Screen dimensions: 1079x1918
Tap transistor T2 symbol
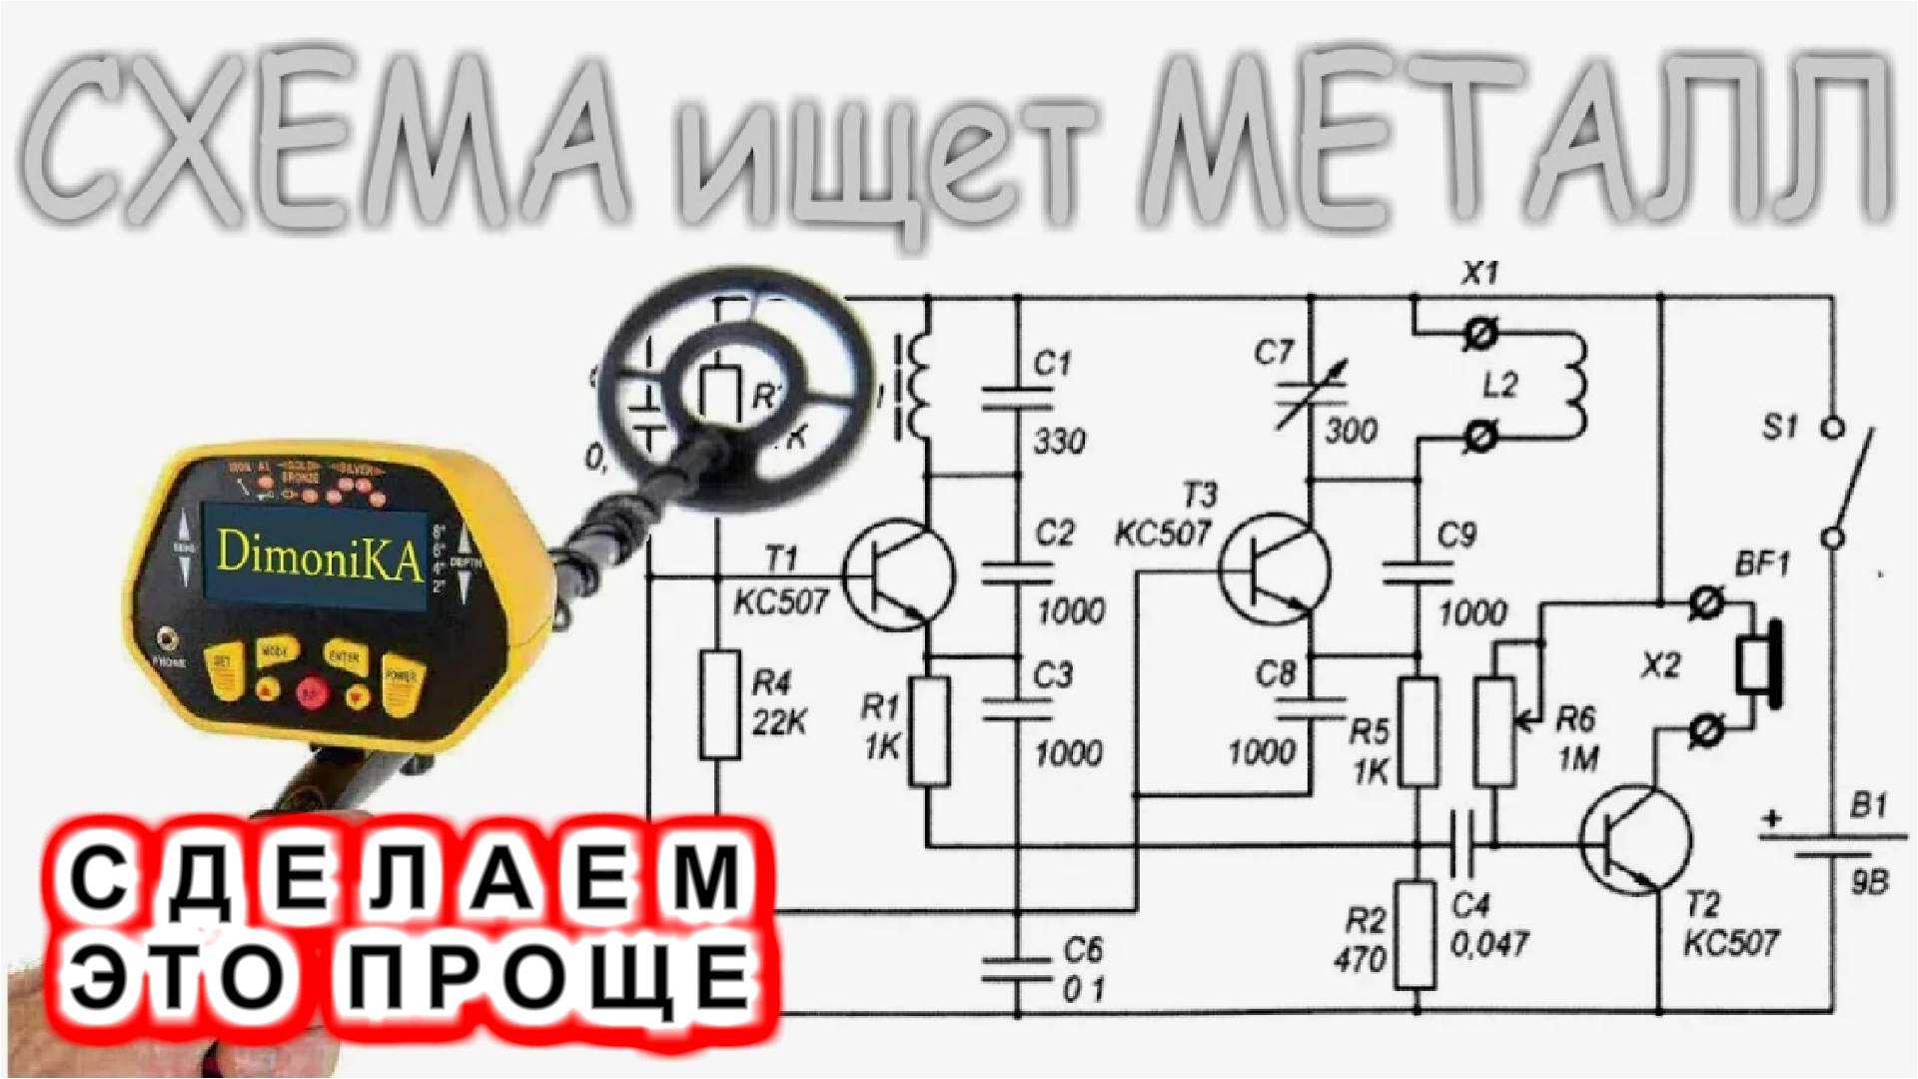tap(1635, 839)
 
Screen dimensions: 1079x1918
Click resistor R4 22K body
tap(719, 705)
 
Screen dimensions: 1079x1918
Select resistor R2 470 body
tap(1417, 935)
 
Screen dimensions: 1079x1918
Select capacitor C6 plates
tap(1017, 970)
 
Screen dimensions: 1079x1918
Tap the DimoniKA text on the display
tap(319, 553)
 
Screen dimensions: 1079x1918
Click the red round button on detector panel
tap(311, 691)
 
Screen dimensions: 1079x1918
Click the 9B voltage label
tap(1869, 882)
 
